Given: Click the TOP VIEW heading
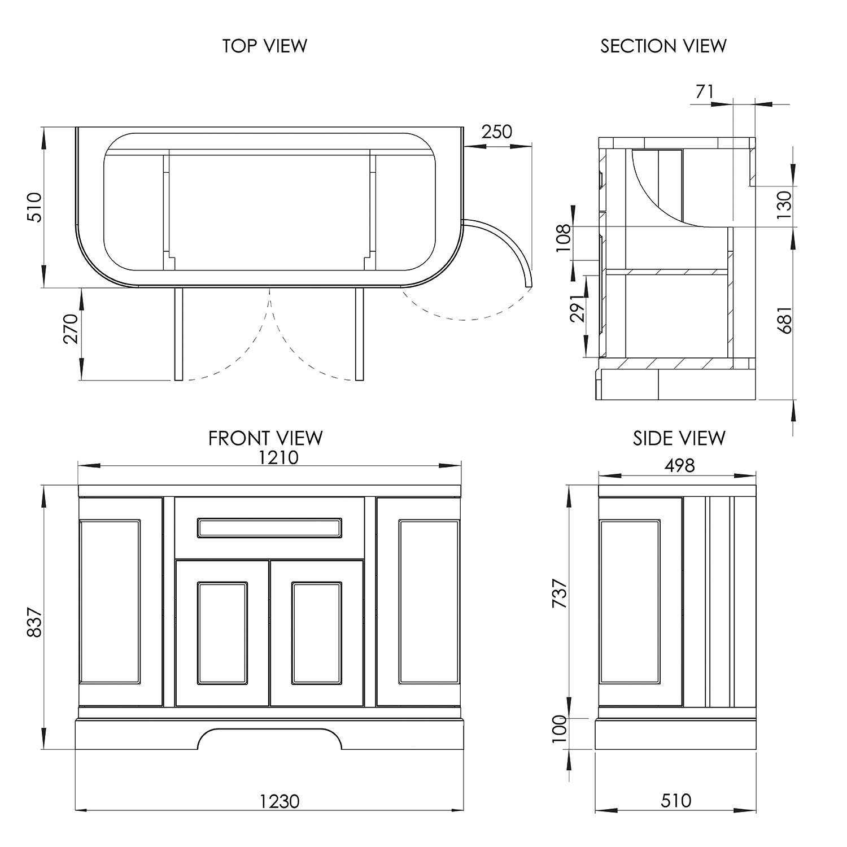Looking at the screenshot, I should coord(264,46).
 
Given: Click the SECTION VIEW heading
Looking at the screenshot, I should coord(663,46).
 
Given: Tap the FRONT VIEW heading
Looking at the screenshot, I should coord(265,438).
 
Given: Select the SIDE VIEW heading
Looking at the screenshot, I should coord(679,438).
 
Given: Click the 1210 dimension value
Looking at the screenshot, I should coord(278,457).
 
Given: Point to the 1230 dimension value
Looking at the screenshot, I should coord(280,801).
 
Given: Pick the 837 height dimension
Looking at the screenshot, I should coord(35,622).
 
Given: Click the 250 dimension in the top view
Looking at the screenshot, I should coord(497,132).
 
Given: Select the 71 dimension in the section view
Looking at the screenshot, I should coord(705,91).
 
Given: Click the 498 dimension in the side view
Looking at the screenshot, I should coord(679,465).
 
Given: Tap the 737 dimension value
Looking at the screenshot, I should coord(559,593).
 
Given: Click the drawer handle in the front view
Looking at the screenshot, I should coord(269,527).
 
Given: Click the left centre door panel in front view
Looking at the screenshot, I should coord(222,633).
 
